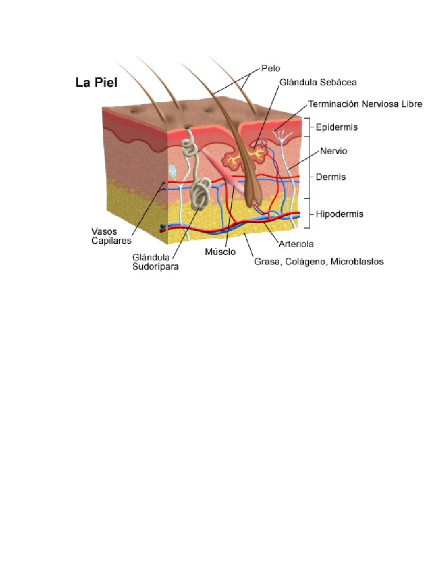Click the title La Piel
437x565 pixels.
point(96,83)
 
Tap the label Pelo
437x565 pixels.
point(271,68)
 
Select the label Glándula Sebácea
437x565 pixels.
point(318,82)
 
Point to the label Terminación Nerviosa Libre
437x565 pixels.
point(365,104)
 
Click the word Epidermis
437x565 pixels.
point(336,127)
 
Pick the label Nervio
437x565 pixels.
point(333,151)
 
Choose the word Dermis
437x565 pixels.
point(331,177)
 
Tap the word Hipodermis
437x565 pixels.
point(339,214)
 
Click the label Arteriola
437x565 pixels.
point(296,244)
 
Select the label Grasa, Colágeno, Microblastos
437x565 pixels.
point(319,262)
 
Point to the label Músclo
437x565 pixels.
point(220,252)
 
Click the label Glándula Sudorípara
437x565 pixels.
point(155,262)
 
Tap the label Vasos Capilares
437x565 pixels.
point(111,236)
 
